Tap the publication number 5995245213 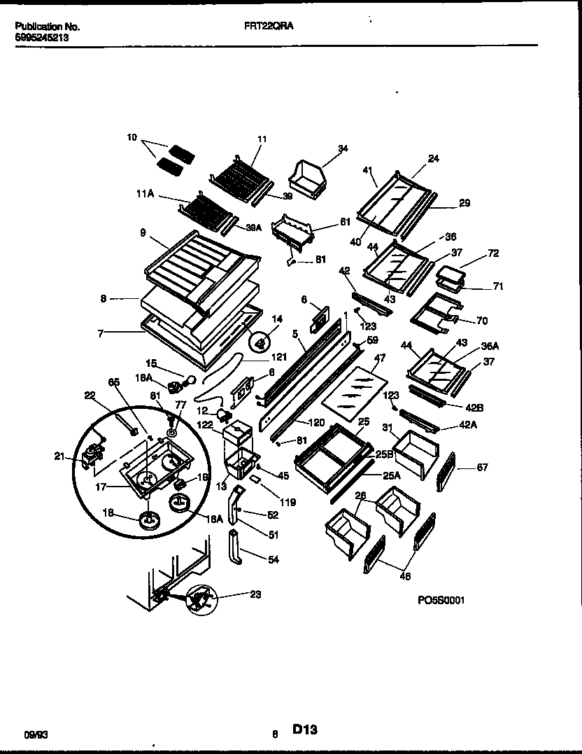point(41,39)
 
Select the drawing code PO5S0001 point(441,600)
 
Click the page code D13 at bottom point(305,729)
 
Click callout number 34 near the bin point(342,148)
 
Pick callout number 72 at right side point(494,253)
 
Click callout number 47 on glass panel point(380,358)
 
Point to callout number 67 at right point(483,468)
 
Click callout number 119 point(288,502)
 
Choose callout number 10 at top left point(132,138)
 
